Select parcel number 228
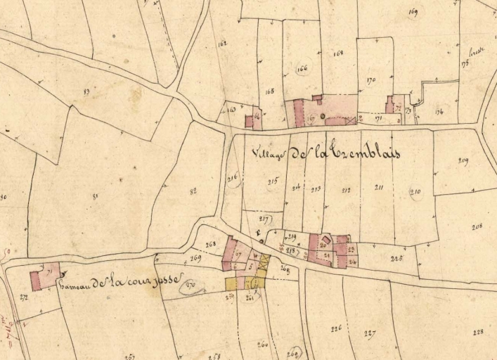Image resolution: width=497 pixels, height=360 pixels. tap(479, 333)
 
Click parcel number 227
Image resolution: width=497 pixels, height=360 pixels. tap(370, 333)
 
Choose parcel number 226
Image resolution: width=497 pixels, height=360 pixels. tap(335, 328)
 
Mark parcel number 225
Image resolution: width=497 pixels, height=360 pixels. tap(396, 258)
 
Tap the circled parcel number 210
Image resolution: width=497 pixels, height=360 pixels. tap(415, 192)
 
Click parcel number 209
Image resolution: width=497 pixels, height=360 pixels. tap(463, 161)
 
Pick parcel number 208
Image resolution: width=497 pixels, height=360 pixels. tap(477, 226)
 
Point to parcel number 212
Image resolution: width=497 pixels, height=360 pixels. tap(346, 189)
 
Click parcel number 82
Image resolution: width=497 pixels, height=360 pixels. tap(193, 190)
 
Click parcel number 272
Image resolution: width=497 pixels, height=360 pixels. tap(23, 297)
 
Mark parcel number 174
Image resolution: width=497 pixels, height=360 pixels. tap(439, 111)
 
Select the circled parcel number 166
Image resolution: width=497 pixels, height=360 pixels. tap(303, 69)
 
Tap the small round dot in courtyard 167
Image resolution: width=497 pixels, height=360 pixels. tap(323, 115)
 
